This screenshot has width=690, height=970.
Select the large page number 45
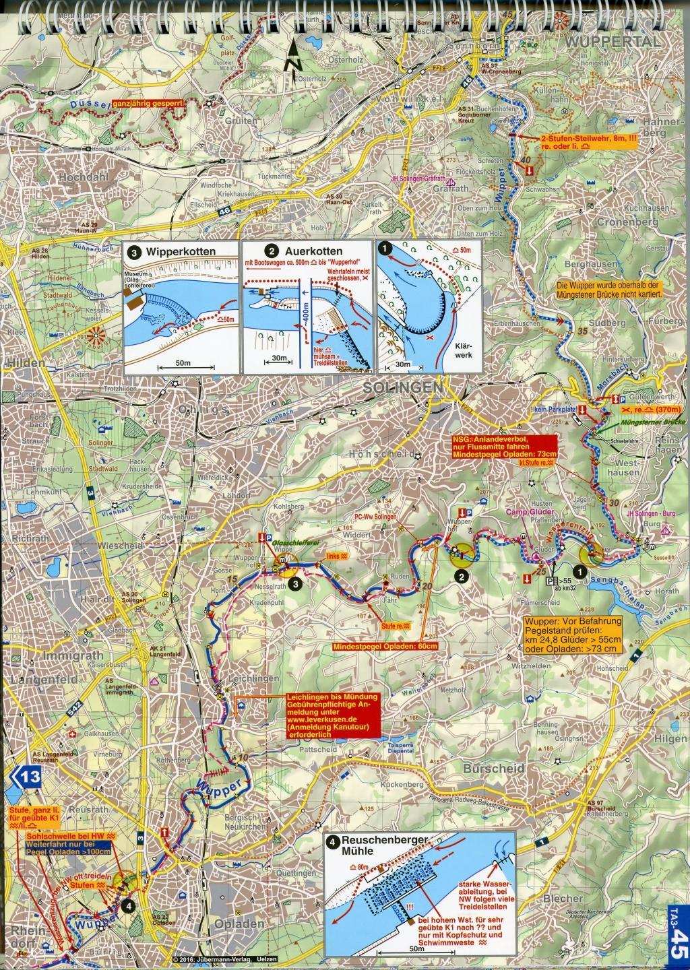(678, 940)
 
